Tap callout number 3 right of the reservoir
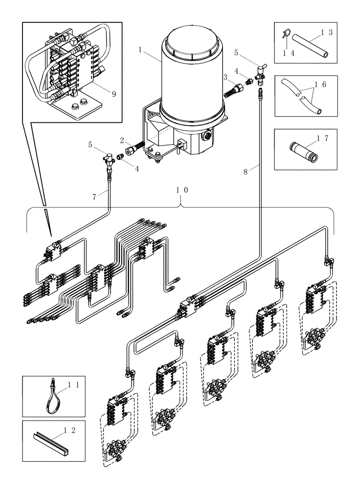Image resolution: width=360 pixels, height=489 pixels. coord(225,77)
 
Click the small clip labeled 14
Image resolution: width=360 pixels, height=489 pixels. coord(286,34)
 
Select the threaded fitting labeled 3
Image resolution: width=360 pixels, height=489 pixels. coord(233,89)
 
